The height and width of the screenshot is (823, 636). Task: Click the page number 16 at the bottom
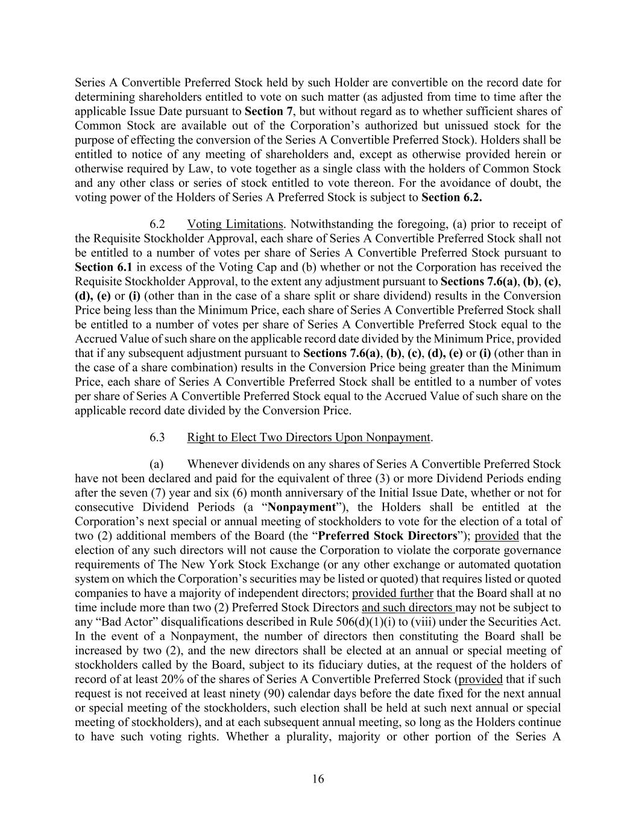tap(318, 779)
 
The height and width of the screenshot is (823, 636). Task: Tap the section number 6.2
tap(157, 224)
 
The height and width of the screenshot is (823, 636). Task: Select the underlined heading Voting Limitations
tap(235, 224)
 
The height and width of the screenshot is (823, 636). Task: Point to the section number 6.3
tap(157, 437)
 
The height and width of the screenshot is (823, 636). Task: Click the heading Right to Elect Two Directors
tap(309, 437)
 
